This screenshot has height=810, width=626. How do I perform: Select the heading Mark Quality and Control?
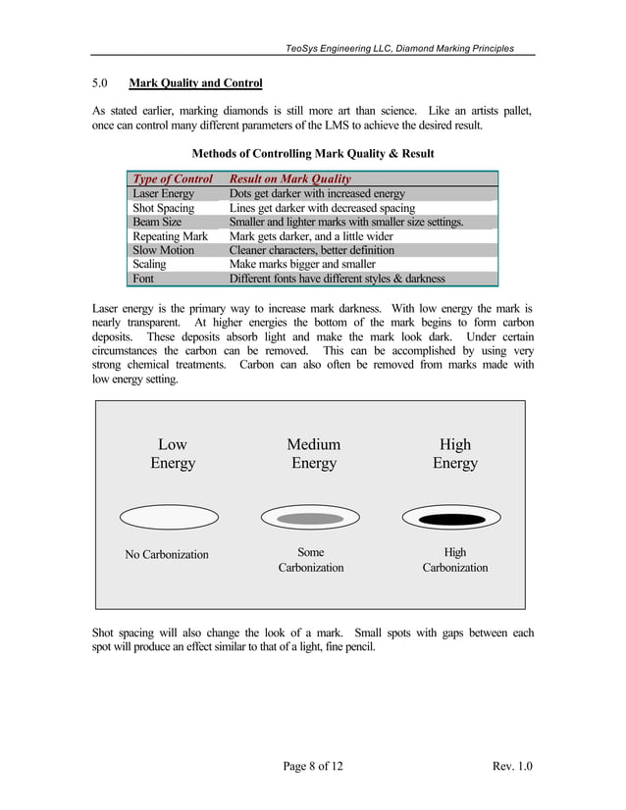(x=195, y=83)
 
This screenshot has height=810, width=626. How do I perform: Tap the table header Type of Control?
(x=173, y=179)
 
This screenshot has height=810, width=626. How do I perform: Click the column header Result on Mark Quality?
(x=289, y=179)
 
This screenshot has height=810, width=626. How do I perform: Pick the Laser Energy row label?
(x=163, y=194)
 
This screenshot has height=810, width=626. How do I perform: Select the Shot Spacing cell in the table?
(x=163, y=208)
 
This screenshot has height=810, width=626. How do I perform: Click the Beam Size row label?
(x=157, y=223)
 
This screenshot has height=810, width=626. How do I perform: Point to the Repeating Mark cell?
(x=170, y=236)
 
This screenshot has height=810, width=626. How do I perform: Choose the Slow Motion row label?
(x=163, y=250)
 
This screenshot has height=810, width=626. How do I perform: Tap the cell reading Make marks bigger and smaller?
(x=302, y=265)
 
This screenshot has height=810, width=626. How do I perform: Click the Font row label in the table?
(x=143, y=278)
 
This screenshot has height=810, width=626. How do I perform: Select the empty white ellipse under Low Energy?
(x=172, y=517)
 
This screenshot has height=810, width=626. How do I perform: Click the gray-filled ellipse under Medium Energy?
(x=311, y=518)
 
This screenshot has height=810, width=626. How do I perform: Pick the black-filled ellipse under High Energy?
(x=452, y=518)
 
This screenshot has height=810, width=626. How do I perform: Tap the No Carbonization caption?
(x=167, y=555)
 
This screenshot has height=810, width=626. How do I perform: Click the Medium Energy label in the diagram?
(x=314, y=454)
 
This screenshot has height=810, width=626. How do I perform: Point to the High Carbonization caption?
(x=455, y=560)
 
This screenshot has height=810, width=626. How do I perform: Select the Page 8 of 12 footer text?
(x=313, y=766)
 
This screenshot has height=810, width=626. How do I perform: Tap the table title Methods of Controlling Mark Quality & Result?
(x=313, y=154)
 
